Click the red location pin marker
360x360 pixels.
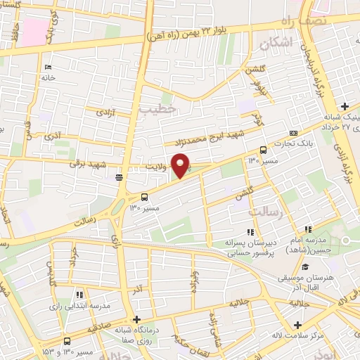pyautogui.click(x=181, y=165)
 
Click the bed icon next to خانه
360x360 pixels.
pyautogui.click(x=48, y=67)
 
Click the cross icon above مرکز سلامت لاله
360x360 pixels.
pyautogui.click(x=299, y=326)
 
